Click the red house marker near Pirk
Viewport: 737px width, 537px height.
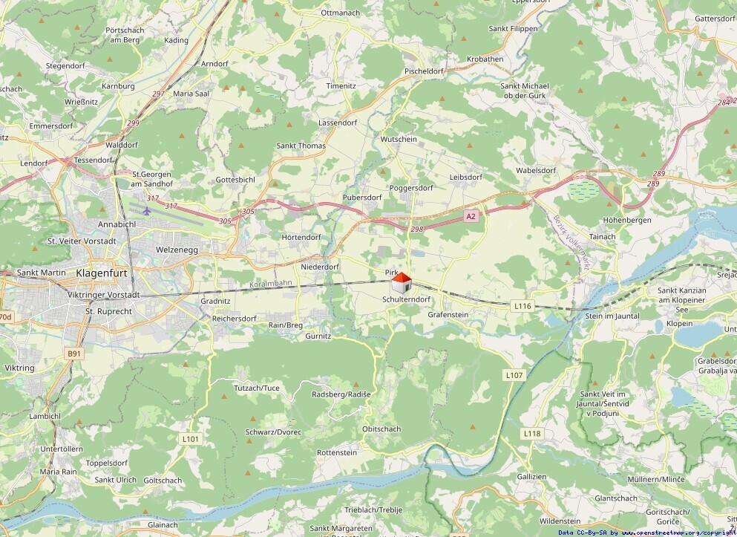[401, 283]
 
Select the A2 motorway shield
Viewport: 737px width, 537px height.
[470, 216]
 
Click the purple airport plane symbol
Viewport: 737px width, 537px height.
[146, 210]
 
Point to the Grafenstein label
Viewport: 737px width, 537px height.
[448, 314]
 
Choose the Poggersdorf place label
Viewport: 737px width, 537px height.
[410, 188]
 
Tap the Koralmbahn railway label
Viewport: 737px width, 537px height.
[271, 283]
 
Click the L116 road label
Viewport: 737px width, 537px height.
[523, 305]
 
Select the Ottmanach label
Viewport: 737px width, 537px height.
[339, 13]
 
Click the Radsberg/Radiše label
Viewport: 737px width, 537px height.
[341, 394]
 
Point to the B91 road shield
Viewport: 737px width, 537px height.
[73, 354]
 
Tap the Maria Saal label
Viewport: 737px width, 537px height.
[191, 94]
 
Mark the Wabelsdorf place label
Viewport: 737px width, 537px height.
[536, 170]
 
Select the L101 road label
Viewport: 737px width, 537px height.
[191, 439]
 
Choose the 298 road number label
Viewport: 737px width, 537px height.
[416, 230]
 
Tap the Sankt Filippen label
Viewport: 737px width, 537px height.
[513, 28]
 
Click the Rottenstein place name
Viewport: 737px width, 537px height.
[336, 452]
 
